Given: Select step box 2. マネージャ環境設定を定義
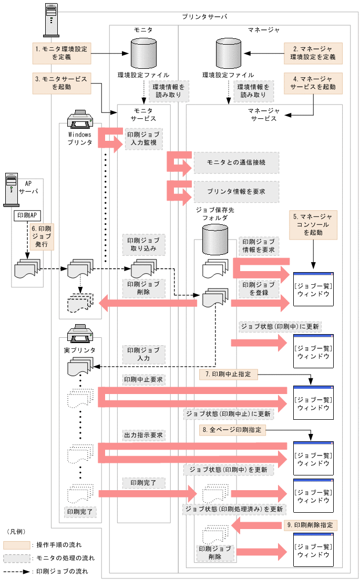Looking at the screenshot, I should click(x=313, y=53).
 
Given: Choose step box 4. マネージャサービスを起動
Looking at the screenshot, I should click(x=313, y=83).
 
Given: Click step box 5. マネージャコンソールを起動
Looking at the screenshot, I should click(x=313, y=224).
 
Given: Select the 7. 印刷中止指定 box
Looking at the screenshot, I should click(x=228, y=374).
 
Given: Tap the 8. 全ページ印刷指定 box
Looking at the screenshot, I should click(x=232, y=430).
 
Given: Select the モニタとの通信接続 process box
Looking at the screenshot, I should click(x=236, y=163).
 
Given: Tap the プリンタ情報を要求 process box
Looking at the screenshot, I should click(x=236, y=192).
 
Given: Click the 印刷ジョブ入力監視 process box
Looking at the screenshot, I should click(x=141, y=138).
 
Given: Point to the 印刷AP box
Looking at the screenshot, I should click(x=27, y=216).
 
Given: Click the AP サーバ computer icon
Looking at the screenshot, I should click(x=12, y=189).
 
